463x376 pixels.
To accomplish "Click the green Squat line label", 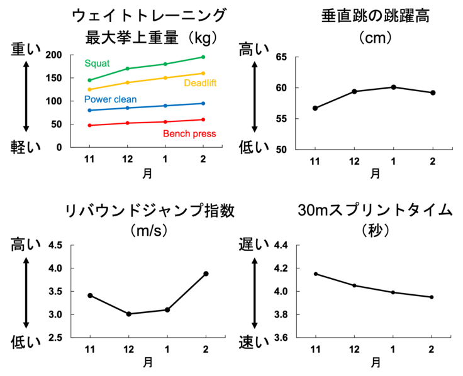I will click(97, 63).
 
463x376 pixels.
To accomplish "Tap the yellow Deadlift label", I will click(200, 84).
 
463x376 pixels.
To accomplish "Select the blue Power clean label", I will click(110, 99).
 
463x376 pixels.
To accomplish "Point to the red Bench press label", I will click(189, 133).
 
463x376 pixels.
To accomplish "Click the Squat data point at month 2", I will click(203, 57).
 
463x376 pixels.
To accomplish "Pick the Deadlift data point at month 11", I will click(89, 89).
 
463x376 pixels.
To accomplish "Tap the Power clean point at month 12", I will click(127, 108).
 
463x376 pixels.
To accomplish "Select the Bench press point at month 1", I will click(165, 122).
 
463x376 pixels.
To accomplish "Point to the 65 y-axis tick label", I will click(281, 57).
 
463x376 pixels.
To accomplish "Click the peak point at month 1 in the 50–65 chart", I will click(393, 87).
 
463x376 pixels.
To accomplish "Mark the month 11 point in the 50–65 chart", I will click(315, 108).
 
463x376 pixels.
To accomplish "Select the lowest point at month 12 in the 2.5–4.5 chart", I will click(128, 314).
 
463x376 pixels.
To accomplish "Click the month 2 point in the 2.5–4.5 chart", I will click(206, 274).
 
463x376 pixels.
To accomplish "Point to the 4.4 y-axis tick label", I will click(280, 245).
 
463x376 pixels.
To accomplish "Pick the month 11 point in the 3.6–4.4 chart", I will click(316, 274).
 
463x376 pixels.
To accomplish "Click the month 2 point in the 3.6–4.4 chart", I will click(432, 297).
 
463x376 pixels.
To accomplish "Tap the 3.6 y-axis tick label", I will click(280, 338).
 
